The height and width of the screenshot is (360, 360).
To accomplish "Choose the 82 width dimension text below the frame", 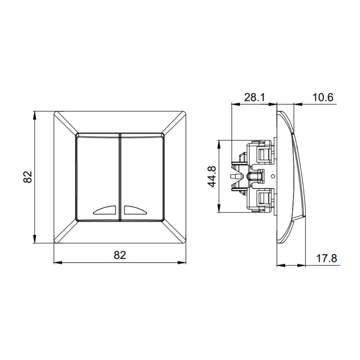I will point(119,256).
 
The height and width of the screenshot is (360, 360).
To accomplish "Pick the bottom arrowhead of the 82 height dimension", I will point(35,241).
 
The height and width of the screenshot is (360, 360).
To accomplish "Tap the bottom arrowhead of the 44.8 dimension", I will point(219,210).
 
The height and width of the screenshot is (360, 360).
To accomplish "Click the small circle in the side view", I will point(274,176).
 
